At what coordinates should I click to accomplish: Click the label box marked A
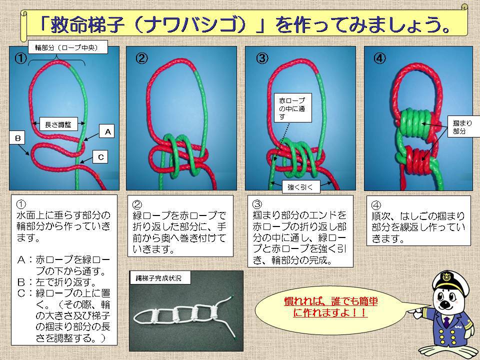coord(107,131)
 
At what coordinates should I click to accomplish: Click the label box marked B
coord(18,138)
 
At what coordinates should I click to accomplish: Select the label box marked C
coord(100,157)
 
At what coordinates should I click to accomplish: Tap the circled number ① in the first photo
coord(20,58)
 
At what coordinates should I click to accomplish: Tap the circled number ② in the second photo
coord(141,58)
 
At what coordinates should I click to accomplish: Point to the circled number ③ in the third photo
coord(262,58)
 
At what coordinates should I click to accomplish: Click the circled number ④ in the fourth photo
coord(379,58)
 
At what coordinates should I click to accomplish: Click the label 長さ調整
coord(58,124)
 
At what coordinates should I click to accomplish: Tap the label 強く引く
coord(301,186)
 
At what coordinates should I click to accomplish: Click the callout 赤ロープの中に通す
coord(292,108)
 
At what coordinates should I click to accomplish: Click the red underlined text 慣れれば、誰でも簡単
coord(331,301)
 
